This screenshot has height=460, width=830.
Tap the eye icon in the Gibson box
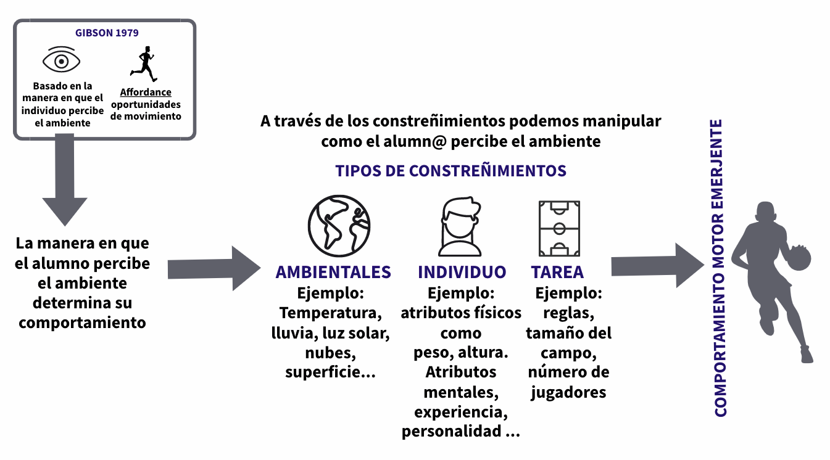coord(61,61)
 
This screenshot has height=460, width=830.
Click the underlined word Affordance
coord(146,92)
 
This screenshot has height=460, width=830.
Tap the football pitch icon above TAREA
coord(559,228)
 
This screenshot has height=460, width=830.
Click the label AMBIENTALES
coord(333,272)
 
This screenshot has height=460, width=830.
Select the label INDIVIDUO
coord(462,272)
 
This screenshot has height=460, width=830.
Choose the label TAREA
coord(557,272)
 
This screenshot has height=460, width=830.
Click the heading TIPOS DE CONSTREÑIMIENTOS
coord(450,171)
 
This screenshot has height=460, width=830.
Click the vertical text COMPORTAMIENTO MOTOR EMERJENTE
coord(719,268)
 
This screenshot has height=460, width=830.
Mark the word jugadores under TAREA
coord(568,392)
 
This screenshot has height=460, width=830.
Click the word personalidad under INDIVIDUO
coord(452,431)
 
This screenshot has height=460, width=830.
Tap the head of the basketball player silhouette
coord(765,215)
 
